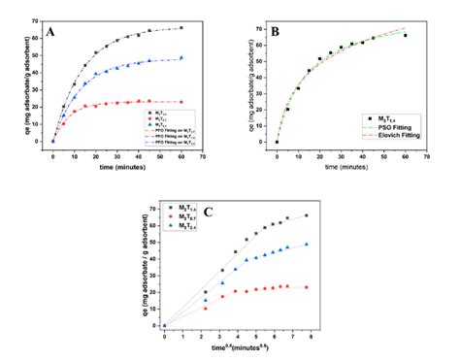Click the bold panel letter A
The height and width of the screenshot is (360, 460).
(x=49, y=31)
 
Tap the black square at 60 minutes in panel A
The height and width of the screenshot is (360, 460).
(x=181, y=28)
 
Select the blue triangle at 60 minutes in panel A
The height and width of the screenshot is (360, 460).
(x=181, y=57)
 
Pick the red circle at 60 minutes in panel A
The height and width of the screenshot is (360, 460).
(x=181, y=102)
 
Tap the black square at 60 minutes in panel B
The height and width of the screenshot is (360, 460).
(x=405, y=36)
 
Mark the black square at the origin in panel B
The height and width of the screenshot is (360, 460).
(x=277, y=142)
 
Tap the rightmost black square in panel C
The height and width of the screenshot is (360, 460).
(x=306, y=215)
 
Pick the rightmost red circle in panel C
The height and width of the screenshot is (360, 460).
(x=306, y=287)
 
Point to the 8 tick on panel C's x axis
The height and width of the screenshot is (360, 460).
(x=311, y=335)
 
